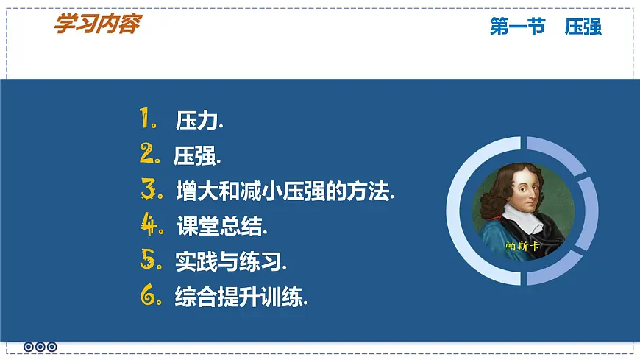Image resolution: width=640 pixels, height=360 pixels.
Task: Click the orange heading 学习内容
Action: pos(96,24)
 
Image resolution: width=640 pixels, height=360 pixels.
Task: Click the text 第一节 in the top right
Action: pos(517,27)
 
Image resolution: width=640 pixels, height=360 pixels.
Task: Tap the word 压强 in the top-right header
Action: pos(583,27)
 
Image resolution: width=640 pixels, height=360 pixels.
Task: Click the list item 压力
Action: pos(199,121)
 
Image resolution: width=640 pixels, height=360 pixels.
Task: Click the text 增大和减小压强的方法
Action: pos(285,191)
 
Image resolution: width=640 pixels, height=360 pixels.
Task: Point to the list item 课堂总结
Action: pos(222,227)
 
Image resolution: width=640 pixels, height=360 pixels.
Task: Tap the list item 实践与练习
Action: pos(231,261)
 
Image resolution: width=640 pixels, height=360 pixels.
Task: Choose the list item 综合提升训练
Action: pos(241,297)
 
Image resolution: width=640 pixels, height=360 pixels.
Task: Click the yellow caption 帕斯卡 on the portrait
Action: pos(522,246)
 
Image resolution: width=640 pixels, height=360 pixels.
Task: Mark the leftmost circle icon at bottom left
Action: pos(29,347)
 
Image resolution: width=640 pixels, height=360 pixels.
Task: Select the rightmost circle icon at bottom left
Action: pos(52,347)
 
